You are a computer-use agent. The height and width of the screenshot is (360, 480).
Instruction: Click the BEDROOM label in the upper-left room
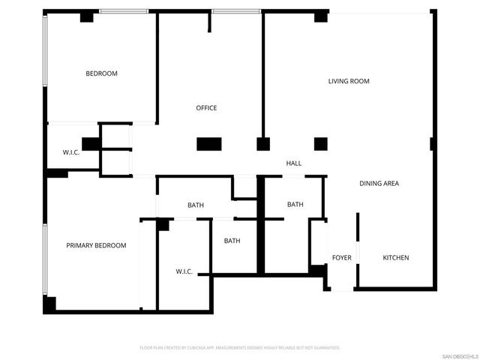pyautogui.click(x=101, y=73)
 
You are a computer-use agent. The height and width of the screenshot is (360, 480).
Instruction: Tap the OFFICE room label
pyautogui.click(x=206, y=108)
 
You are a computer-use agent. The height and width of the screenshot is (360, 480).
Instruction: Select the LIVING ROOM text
pyautogui.click(x=349, y=81)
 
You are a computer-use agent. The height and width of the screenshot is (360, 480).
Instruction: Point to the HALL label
pyautogui.click(x=293, y=163)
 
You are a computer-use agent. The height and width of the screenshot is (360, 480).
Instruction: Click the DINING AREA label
pyautogui.click(x=379, y=184)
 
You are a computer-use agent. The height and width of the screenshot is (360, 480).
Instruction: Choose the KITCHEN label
pyautogui.click(x=396, y=258)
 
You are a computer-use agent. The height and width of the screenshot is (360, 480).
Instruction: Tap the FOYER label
pyautogui.click(x=341, y=258)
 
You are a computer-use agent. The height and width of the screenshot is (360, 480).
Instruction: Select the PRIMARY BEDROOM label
pyautogui.click(x=96, y=245)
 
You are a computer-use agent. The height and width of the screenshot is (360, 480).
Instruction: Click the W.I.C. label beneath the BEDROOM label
pyautogui.click(x=71, y=153)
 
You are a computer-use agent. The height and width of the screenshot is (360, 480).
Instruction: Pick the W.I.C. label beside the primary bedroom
pyautogui.click(x=184, y=271)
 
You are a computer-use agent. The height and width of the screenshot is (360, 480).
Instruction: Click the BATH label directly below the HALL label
pyautogui.click(x=295, y=204)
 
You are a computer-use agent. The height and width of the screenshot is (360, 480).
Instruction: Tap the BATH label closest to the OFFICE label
pyautogui.click(x=196, y=205)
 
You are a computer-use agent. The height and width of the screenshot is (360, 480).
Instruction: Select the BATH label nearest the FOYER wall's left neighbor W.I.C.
pyautogui.click(x=232, y=241)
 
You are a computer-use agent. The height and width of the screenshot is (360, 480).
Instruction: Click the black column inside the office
pyautogui.click(x=208, y=144)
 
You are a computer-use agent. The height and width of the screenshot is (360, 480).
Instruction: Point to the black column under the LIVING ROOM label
pyautogui.click(x=321, y=144)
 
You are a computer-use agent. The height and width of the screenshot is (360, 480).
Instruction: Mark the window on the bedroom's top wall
pyautogui.click(x=124, y=11)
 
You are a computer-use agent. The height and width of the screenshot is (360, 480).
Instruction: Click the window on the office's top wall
pyautogui.click(x=236, y=11)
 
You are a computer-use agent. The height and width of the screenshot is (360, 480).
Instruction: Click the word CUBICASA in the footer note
pyautogui.click(x=199, y=348)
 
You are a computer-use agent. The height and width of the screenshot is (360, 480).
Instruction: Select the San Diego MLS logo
pyautogui.click(x=459, y=355)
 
